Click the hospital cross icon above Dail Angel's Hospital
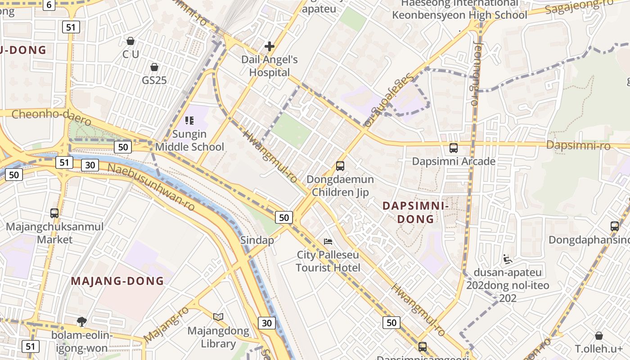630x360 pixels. point(270,46)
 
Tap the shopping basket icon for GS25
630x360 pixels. point(154,67)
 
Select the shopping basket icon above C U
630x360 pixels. point(130,41)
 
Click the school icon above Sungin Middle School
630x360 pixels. point(189,120)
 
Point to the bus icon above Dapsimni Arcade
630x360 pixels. point(454,148)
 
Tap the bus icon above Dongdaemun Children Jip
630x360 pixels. point(340,166)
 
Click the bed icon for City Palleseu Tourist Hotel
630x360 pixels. point(328,242)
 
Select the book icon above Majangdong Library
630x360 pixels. point(218,317)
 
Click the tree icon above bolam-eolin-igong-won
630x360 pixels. point(81,321)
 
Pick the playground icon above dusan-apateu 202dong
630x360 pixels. point(508,259)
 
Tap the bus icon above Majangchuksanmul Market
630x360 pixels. point(54,213)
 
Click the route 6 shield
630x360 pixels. point(49,5)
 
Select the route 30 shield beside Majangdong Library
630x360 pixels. point(267,323)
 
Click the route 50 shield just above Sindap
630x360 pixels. point(284,218)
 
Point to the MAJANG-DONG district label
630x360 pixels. point(117,281)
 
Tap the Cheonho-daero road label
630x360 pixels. point(51,117)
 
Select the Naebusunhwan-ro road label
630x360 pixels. point(152,186)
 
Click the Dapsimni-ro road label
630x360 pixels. point(578,146)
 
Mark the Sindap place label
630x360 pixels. point(257,240)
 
